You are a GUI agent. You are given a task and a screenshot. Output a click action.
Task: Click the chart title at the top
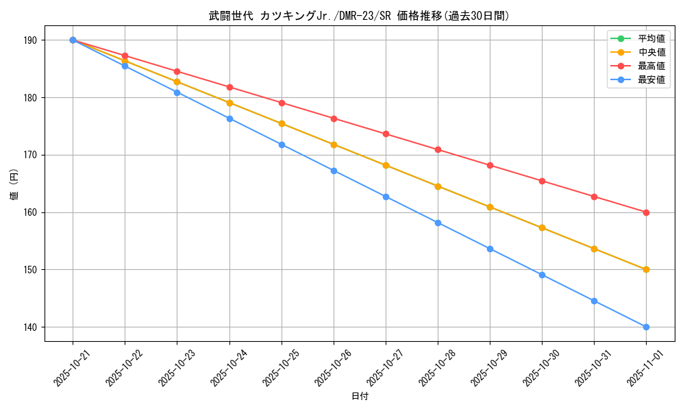coord(359,16)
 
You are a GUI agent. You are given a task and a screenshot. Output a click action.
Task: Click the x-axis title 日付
coord(359,397)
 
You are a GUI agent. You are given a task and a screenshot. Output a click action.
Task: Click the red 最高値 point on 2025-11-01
coord(646,212)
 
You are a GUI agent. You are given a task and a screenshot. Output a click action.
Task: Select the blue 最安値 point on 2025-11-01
coord(646,327)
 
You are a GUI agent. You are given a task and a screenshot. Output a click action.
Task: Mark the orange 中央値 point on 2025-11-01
coord(646,269)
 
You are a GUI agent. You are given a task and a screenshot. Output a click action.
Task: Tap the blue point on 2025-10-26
coord(334,171)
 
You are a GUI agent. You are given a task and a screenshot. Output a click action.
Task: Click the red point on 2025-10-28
coord(438,149)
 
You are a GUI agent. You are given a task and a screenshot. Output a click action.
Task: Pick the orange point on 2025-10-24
coord(229,103)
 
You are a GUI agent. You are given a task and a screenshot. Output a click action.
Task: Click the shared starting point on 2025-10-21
coord(73,40)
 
